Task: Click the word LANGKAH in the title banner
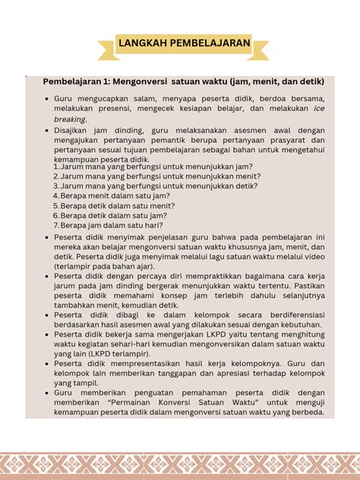(x=144, y=46)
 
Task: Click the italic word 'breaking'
(x=69, y=119)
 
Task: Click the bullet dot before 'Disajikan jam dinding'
(x=46, y=131)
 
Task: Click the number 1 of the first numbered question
(x=55, y=166)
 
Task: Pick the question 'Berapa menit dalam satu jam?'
(x=115, y=195)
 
